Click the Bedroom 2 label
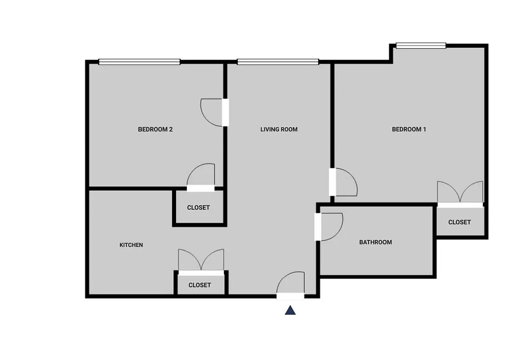click(x=155, y=130)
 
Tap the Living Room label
click(x=279, y=130)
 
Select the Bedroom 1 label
click(x=409, y=130)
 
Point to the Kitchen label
click(x=131, y=245)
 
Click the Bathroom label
click(x=375, y=243)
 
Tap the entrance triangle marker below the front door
click(x=290, y=310)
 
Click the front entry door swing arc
click(x=290, y=283)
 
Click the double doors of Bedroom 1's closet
click(x=460, y=193)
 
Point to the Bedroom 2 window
click(x=139, y=62)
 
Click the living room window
click(x=278, y=62)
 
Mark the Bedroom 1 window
click(x=420, y=45)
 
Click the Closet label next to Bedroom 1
click(x=459, y=222)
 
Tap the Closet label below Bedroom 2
click(x=198, y=208)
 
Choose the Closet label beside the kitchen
click(x=200, y=285)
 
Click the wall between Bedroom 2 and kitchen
click(x=131, y=188)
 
